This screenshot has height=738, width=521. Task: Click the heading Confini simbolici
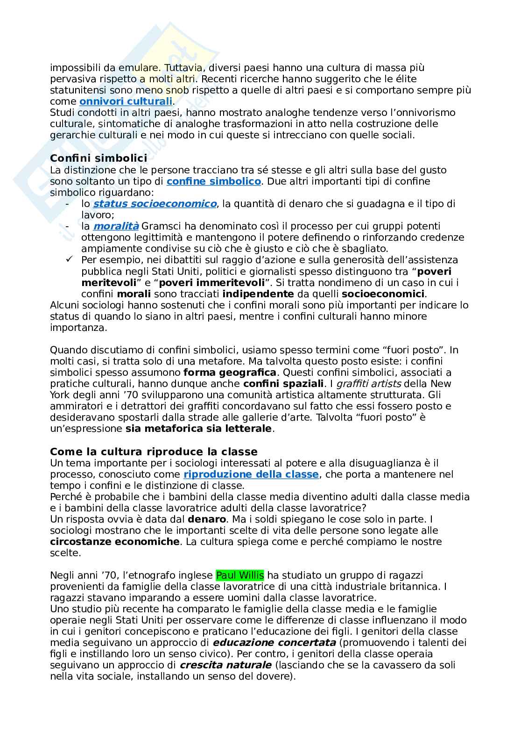click(98, 158)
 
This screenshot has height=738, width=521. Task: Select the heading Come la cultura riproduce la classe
click(154, 451)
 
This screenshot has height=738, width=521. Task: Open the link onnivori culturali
click(126, 101)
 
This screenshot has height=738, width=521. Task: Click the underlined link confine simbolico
click(213, 181)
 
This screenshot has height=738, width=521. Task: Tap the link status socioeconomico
click(155, 204)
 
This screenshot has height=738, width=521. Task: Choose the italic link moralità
click(116, 226)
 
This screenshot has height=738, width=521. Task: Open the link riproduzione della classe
click(251, 474)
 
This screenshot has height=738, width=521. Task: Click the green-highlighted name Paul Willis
click(240, 575)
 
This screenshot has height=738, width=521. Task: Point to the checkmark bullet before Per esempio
click(69, 260)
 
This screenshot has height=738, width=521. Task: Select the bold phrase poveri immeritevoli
click(222, 283)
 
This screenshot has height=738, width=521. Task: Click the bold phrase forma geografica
click(230, 373)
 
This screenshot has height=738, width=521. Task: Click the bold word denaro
click(207, 519)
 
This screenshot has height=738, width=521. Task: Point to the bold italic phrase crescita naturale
click(226, 665)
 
